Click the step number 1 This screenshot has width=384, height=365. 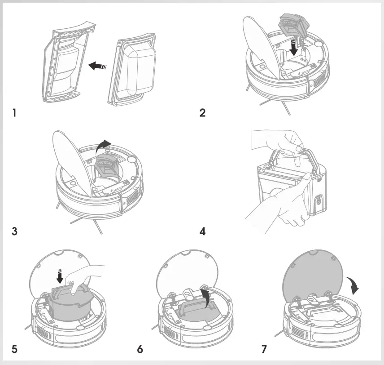click(14, 113)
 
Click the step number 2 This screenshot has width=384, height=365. click(203, 113)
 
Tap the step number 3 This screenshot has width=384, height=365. click(14, 232)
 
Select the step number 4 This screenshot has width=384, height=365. click(203, 232)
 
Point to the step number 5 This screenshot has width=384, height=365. click(14, 348)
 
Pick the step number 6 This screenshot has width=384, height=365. click(140, 348)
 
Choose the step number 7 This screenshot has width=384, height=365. click(264, 348)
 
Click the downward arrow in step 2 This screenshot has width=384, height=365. click(294, 48)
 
